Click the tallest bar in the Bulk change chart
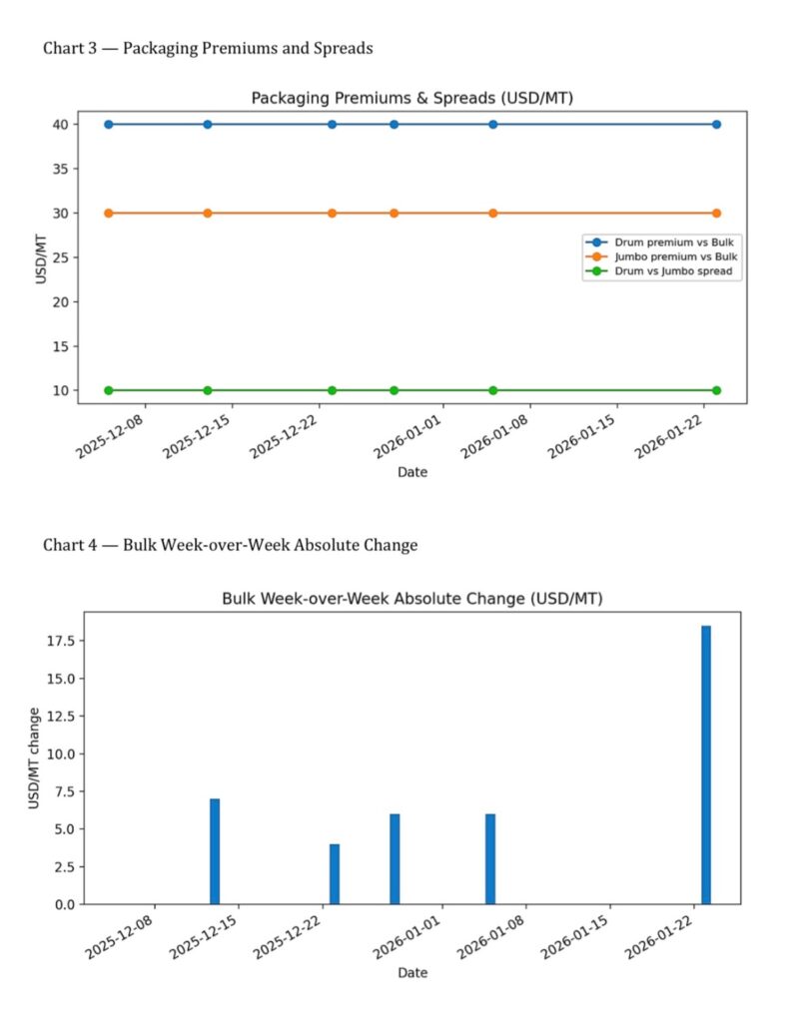tap(706, 765)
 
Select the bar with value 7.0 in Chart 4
tap(215, 851)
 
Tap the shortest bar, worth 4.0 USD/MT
tap(335, 873)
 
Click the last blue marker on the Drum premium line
tap(716, 125)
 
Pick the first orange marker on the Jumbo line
tap(108, 214)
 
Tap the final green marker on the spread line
tap(716, 390)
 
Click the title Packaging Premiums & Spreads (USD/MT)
tap(411, 98)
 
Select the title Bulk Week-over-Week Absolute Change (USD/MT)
tap(411, 599)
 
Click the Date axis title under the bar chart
tap(411, 972)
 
